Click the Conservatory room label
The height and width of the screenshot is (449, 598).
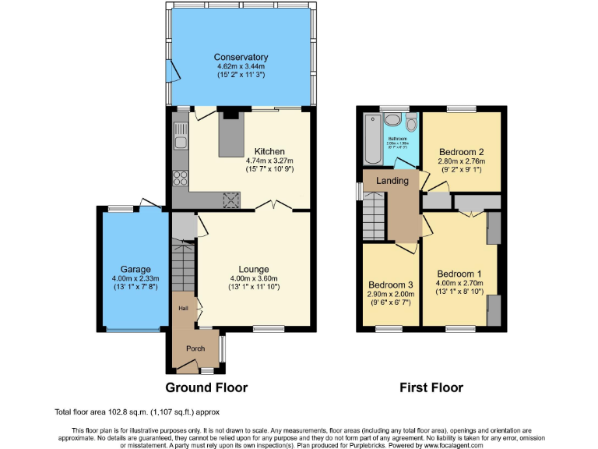point(241,58)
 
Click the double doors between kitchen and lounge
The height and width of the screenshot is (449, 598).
point(274,207)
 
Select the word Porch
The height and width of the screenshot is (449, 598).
point(194,348)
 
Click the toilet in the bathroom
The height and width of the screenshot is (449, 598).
point(411,124)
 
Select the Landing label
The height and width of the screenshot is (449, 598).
point(392,181)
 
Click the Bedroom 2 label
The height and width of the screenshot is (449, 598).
point(462,151)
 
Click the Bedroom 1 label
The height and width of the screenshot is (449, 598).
point(460,274)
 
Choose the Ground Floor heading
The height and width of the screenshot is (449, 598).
point(206,387)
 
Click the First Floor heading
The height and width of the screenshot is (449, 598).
point(431,387)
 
